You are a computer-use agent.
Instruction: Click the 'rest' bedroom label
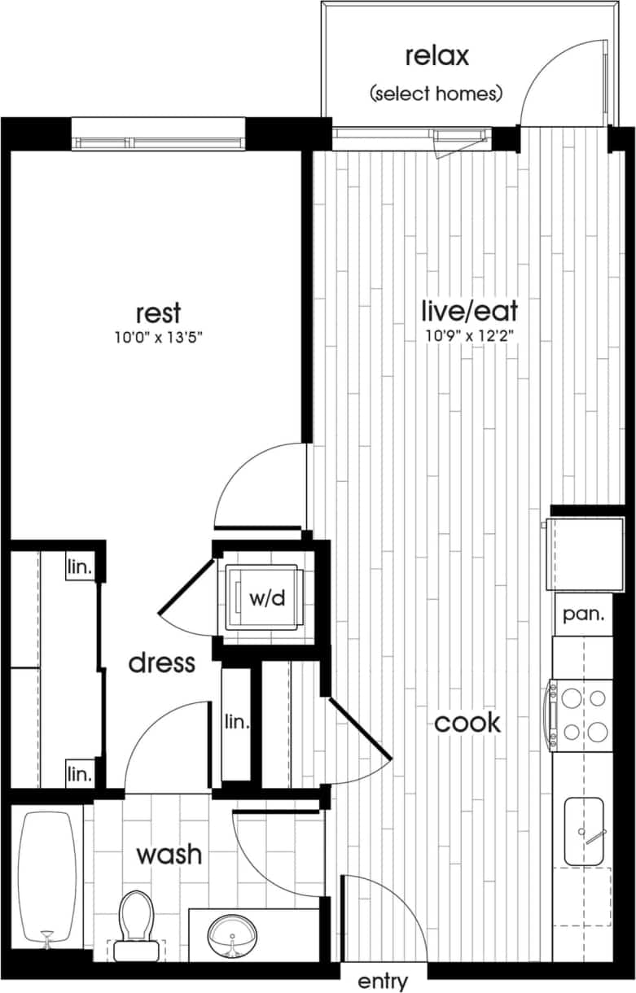coord(158,313)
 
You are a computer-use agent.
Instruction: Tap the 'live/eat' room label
coord(469,310)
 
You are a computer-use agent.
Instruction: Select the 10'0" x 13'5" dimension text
coord(158,337)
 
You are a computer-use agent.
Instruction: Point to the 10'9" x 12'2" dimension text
coord(469,334)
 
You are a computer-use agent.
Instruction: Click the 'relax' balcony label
coord(436,57)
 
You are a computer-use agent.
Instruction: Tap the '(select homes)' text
coord(436,94)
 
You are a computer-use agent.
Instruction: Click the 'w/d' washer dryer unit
coord(267,598)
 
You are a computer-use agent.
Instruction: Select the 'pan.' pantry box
coord(583,615)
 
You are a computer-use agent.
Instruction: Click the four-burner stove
coord(581,715)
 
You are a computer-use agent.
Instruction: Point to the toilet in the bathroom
coord(136,925)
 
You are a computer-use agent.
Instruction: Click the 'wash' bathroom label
coord(169,855)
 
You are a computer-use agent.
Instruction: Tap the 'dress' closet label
coord(162,663)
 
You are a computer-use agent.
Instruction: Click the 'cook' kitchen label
coord(467,723)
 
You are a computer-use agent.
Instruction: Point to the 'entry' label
coord(383,981)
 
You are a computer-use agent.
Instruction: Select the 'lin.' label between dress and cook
coord(237,722)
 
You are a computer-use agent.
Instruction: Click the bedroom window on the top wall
coord(158,134)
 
